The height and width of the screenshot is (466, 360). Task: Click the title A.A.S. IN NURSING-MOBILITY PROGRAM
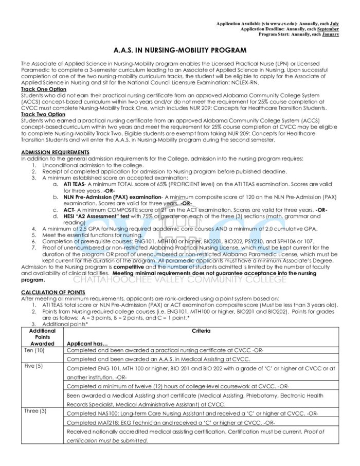(x=180, y=50)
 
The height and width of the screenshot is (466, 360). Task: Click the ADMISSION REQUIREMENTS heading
(x=55, y=152)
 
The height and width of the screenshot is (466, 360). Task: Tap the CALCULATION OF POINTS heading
(x=53, y=292)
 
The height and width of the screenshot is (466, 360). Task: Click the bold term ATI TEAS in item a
(x=74, y=183)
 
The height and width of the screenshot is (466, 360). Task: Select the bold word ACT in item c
(x=68, y=210)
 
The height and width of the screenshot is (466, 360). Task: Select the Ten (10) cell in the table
(x=34, y=350)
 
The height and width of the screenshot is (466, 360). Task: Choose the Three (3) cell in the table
(x=35, y=411)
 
